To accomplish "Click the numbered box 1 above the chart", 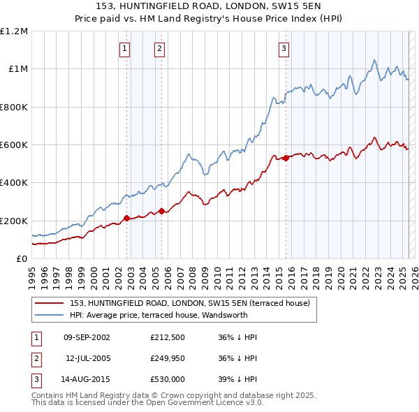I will [124, 48].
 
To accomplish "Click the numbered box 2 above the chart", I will [159, 48].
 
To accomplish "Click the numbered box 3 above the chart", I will [284, 48].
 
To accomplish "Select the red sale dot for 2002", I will [126, 219].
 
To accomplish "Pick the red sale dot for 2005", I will [161, 211].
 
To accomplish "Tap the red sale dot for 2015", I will [286, 158].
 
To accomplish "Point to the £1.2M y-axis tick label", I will [14, 31].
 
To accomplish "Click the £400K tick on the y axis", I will [14, 183].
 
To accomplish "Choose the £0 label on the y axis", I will [22, 259].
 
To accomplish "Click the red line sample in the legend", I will [47, 302].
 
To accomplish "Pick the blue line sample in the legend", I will [47, 314].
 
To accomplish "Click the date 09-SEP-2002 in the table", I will [87, 337].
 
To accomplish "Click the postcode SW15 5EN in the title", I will [280, 6].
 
